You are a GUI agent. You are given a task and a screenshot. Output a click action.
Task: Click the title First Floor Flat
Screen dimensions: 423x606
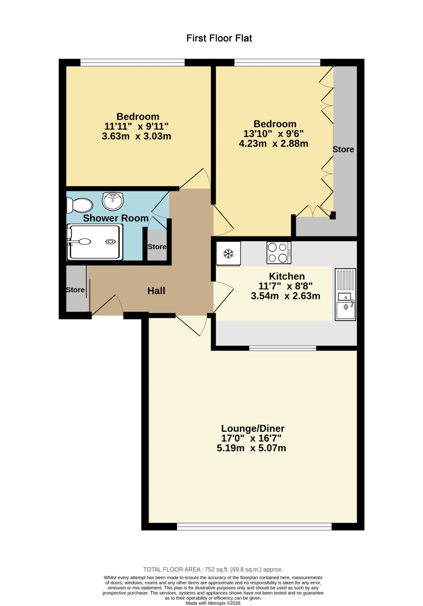click(x=219, y=38)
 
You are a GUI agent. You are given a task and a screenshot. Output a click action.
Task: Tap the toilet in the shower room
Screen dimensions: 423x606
click(x=79, y=205)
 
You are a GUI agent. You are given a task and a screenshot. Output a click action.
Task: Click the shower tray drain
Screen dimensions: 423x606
click(x=110, y=242)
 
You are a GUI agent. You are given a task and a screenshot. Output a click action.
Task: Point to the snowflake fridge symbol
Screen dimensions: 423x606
click(x=229, y=253)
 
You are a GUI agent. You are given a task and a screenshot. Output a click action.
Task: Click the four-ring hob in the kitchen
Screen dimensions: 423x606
click(x=279, y=252)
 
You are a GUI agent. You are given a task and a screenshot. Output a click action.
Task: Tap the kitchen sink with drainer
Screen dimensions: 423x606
click(x=345, y=294)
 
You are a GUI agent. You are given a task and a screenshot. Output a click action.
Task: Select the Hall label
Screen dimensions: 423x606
click(x=156, y=291)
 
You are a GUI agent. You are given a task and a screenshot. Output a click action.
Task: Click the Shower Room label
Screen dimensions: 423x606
click(x=116, y=218)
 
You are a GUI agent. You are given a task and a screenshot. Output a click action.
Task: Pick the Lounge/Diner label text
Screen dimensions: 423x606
click(x=253, y=428)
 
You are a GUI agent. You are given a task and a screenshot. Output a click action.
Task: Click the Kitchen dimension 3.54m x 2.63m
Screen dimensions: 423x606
click(x=285, y=296)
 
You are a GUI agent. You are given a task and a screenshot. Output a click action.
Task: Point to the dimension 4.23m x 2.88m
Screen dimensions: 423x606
click(x=274, y=144)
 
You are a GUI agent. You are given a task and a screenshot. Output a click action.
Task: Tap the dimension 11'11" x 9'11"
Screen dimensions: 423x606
click(x=137, y=126)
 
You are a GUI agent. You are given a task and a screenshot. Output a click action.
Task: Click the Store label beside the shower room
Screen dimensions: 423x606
click(x=157, y=247)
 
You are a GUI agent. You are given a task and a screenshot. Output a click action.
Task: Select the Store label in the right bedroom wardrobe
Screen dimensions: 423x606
click(x=343, y=149)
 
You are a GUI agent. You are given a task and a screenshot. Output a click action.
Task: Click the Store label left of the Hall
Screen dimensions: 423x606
click(x=75, y=290)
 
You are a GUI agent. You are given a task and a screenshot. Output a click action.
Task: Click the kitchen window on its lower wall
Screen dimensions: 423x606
click(x=283, y=348)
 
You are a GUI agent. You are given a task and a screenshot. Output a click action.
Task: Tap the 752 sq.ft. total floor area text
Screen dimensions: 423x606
click(x=213, y=570)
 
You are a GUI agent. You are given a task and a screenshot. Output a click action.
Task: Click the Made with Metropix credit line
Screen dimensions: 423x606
click(x=213, y=603)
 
